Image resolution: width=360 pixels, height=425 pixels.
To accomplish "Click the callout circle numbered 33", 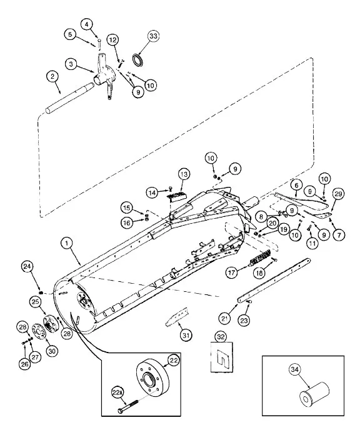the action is tap(153, 36).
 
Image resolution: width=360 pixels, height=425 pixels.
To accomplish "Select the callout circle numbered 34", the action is tap(295, 369).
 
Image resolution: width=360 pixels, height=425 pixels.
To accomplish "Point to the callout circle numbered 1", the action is tap(67, 243).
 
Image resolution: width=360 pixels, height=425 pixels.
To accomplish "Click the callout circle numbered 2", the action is tap(52, 76).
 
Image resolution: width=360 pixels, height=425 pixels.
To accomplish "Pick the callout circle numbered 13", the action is tap(184, 174).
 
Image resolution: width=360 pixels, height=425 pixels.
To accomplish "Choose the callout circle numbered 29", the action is tap(338, 194).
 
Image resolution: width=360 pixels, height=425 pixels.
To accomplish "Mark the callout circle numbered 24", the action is tap(27, 266).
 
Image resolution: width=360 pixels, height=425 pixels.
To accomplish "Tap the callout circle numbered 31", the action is tap(186, 336).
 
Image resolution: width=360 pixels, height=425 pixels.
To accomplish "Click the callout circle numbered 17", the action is tap(232, 272).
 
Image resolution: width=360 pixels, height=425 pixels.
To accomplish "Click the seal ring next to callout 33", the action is tap(138, 60).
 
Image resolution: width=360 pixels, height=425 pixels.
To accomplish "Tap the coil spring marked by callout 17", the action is tap(259, 259).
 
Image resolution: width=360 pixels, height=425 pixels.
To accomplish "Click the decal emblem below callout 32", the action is tap(222, 357).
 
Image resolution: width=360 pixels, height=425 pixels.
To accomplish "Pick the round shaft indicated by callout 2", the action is tap(69, 98).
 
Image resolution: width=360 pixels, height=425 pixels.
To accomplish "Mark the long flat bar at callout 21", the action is tap(274, 281).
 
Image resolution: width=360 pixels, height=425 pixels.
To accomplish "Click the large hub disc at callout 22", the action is tap(152, 378).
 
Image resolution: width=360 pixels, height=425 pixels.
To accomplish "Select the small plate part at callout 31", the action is tap(177, 317).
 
